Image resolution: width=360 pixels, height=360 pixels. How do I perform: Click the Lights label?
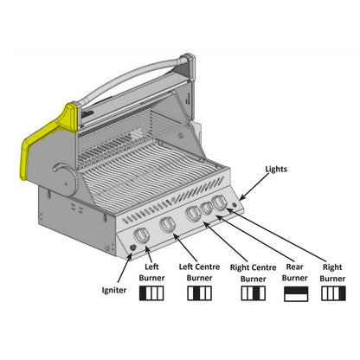click(276, 170)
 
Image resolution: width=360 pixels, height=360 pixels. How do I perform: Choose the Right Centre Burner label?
click(253, 273)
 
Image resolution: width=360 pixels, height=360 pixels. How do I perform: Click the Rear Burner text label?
click(294, 273)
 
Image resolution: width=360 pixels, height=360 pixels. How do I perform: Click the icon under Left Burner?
click(151, 294)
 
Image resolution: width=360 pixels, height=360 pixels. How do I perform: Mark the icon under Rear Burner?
click(295, 294)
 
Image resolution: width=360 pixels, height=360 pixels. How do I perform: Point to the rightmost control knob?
click(221, 202)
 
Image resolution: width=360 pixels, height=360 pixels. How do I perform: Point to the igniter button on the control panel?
click(131, 250)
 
